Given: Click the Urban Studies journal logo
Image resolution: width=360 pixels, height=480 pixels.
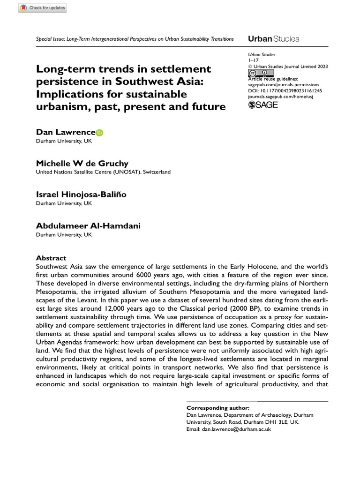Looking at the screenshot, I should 273,39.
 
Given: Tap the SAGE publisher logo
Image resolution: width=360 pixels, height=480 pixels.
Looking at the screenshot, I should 263,105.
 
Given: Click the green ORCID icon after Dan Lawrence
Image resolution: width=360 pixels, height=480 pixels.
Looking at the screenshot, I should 99,133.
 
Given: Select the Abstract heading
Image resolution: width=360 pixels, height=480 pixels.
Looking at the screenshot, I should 51,258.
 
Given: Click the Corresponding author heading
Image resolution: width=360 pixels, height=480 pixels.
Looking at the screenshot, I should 218,408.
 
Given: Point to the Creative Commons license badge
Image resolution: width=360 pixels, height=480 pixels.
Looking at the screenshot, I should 258,74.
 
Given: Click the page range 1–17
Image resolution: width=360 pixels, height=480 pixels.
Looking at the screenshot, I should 253,61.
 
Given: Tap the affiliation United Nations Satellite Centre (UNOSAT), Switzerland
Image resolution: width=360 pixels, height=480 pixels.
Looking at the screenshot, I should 103,172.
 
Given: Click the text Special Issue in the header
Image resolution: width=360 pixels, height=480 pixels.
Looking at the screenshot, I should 51,39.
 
